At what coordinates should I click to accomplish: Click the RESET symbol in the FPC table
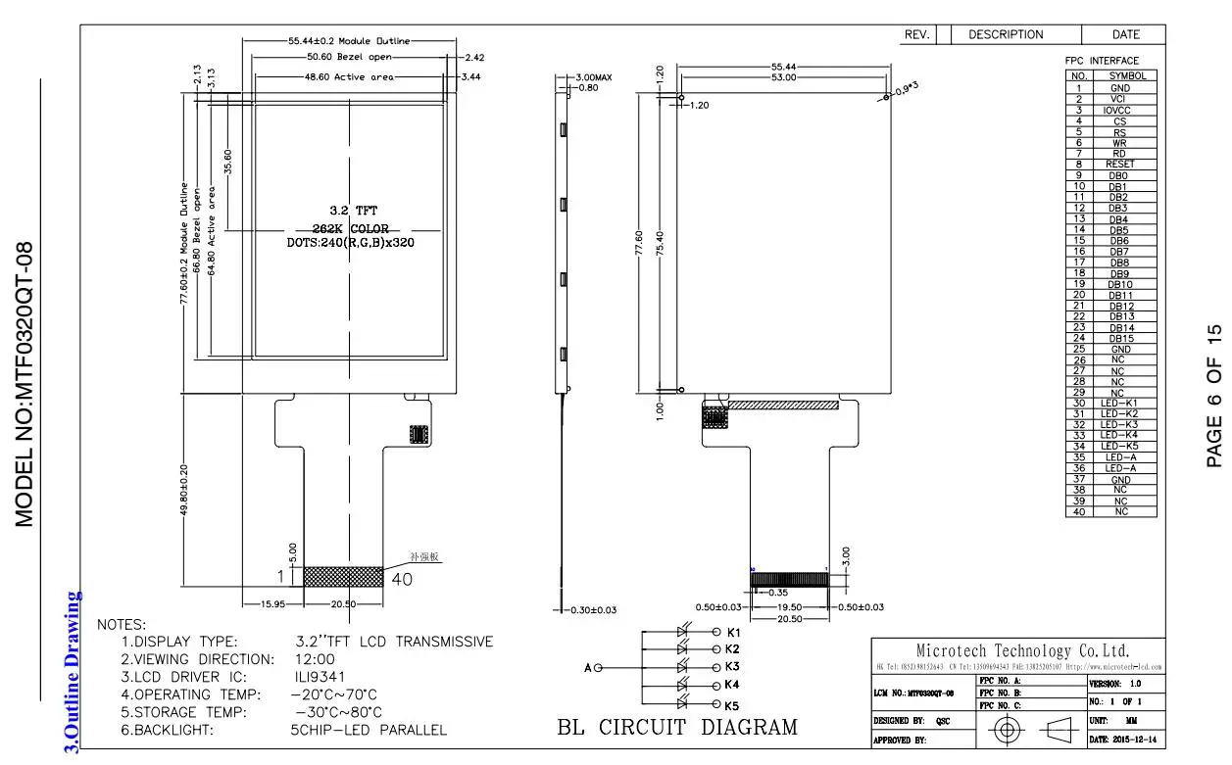(x=1119, y=165)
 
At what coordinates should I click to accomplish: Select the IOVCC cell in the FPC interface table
(x=1119, y=111)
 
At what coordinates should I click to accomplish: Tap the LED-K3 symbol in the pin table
(x=1119, y=424)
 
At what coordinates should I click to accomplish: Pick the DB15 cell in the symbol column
(x=1119, y=338)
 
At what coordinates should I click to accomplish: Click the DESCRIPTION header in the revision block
(x=1006, y=34)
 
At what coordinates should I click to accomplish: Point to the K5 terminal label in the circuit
(x=731, y=705)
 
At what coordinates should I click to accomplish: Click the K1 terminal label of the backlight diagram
(x=732, y=632)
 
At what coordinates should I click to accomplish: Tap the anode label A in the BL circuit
(x=588, y=668)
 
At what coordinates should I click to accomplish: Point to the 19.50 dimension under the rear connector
(x=790, y=607)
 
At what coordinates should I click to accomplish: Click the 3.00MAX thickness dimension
(x=594, y=76)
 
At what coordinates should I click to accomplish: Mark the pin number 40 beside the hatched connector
(x=402, y=579)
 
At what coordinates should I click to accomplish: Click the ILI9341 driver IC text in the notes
(x=318, y=677)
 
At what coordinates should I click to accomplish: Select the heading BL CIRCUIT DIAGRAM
(x=677, y=727)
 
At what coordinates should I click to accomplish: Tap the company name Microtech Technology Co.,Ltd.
(x=1022, y=650)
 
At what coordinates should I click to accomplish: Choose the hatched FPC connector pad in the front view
(x=343, y=576)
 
